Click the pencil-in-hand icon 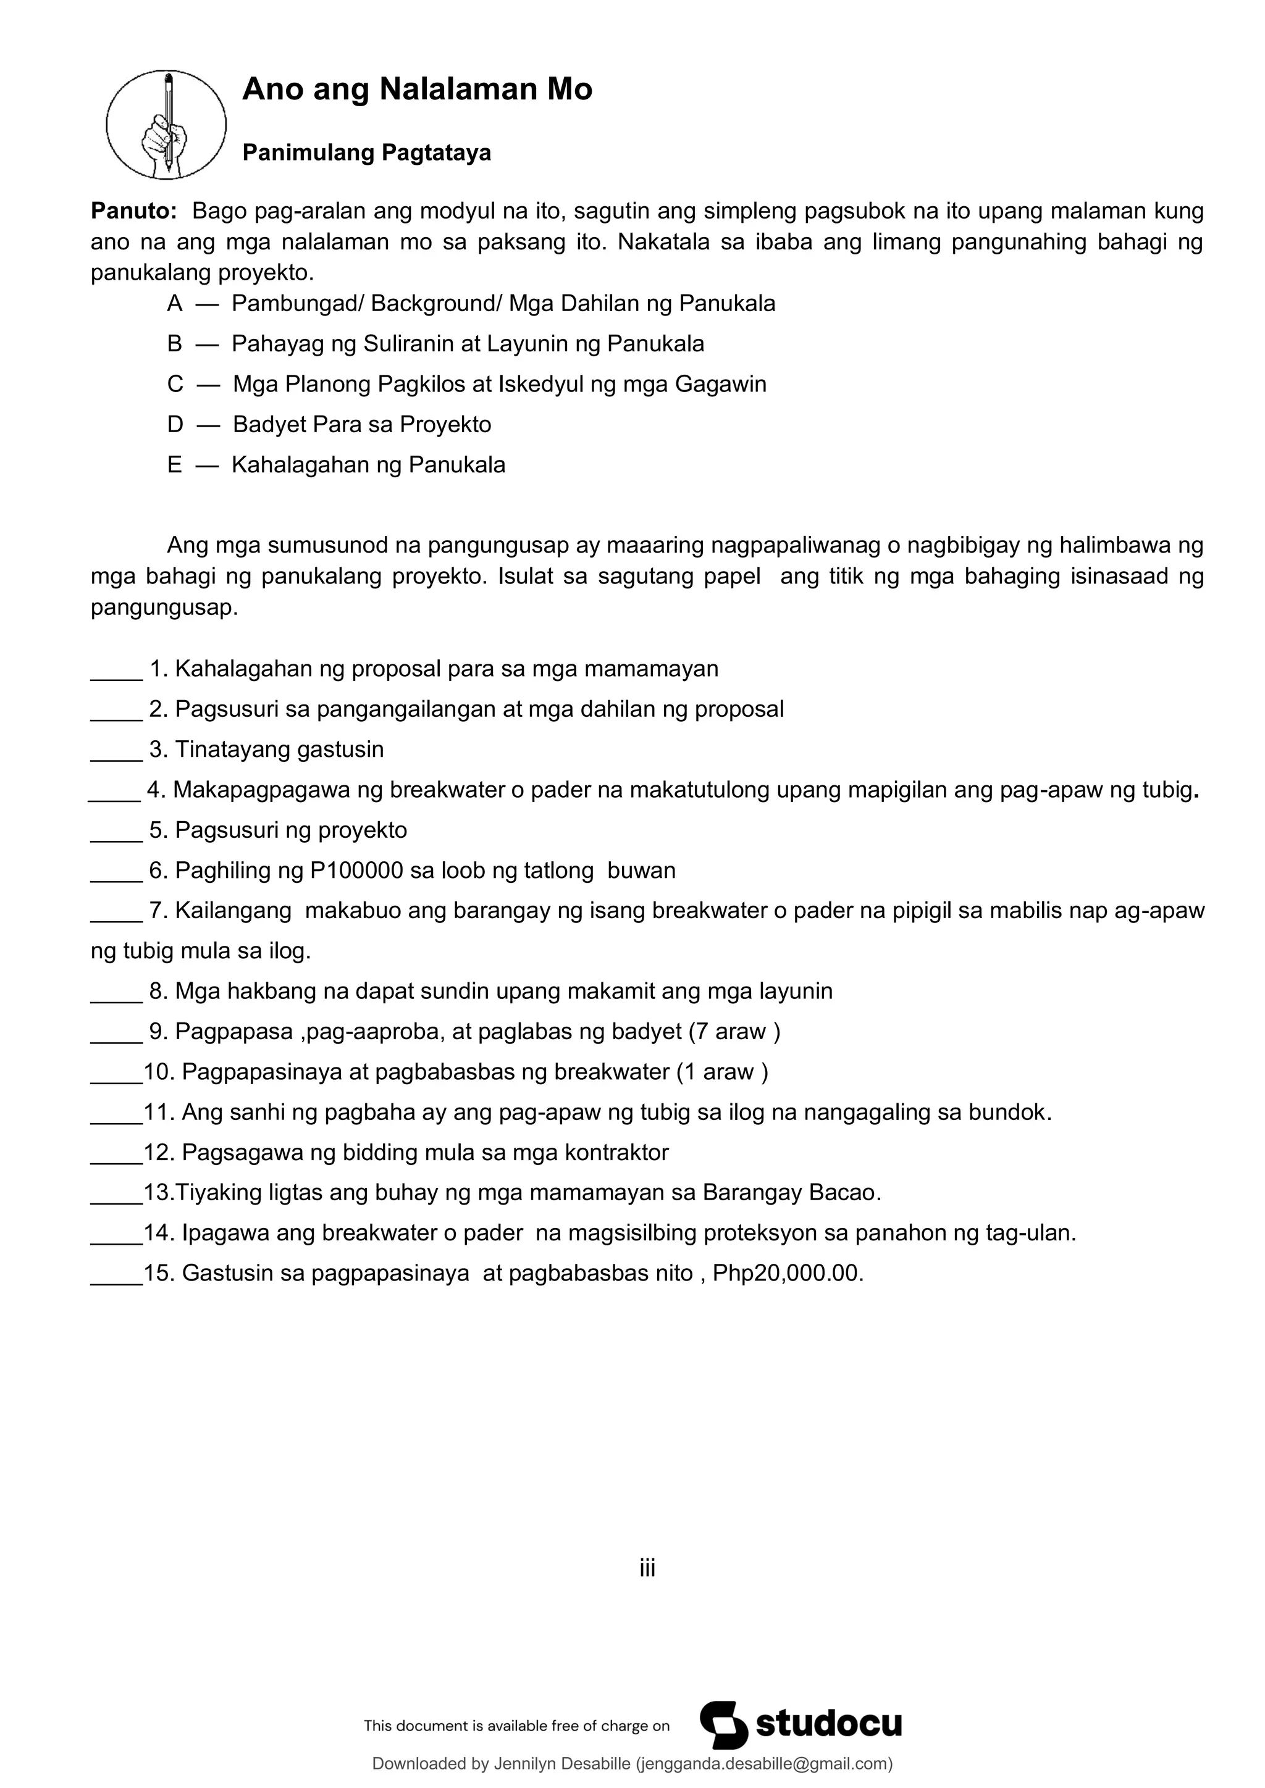tap(166, 125)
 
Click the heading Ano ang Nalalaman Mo tap(417, 90)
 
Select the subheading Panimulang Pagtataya tap(366, 152)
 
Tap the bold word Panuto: tap(134, 211)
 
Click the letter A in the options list tap(174, 304)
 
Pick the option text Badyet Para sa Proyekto tap(361, 424)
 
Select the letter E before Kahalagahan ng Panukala tap(174, 465)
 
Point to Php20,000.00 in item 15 tap(788, 1274)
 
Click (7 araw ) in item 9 tap(734, 1032)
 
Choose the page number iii tap(647, 1568)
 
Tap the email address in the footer tap(765, 1764)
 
